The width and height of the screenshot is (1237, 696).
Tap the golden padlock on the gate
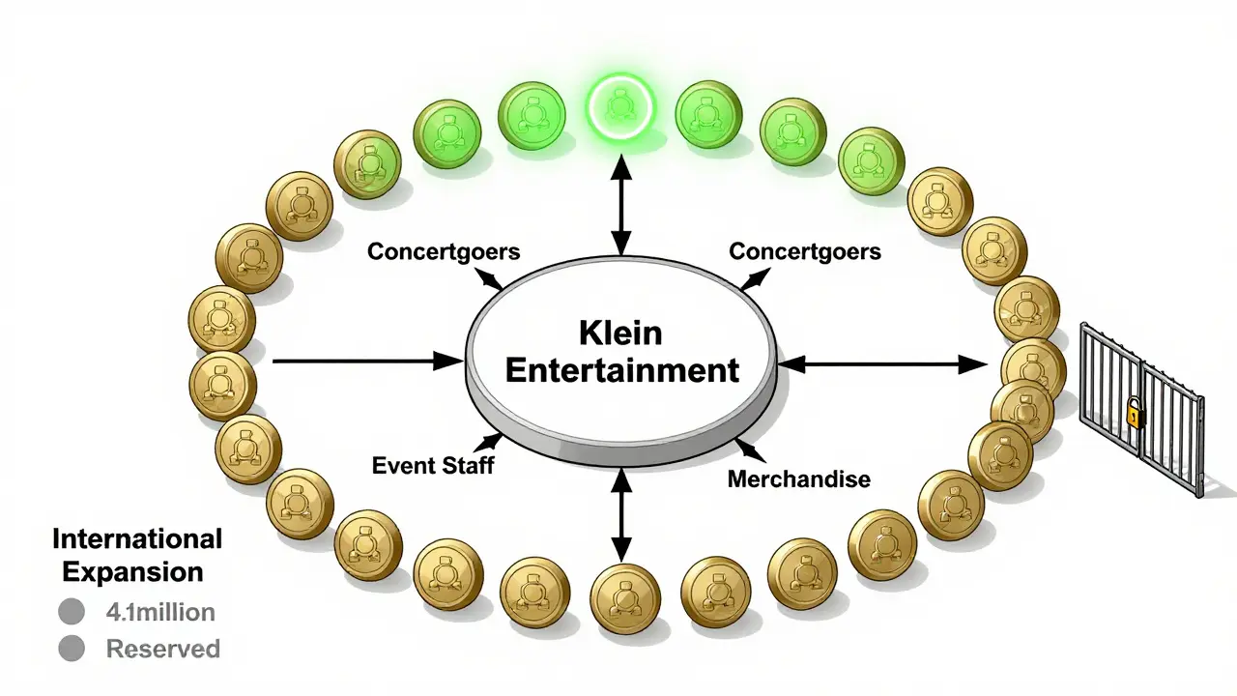tap(1133, 416)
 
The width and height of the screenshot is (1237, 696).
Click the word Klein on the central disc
tap(620, 333)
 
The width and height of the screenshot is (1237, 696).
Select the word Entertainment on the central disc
tap(621, 370)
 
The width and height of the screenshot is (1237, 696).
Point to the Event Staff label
tap(433, 465)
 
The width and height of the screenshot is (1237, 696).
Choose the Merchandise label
tap(798, 478)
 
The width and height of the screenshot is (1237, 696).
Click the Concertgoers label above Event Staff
tap(444, 251)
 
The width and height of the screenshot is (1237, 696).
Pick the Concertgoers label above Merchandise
tap(804, 251)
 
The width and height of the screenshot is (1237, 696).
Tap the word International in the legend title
tap(137, 538)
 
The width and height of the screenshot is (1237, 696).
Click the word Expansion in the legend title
tap(133, 570)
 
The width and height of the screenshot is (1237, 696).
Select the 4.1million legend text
tap(160, 612)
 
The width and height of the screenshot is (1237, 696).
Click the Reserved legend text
tap(162, 649)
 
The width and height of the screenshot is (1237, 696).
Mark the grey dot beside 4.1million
tap(72, 612)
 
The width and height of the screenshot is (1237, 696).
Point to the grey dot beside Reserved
tap(72, 649)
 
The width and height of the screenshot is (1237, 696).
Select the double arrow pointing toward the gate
tap(883, 363)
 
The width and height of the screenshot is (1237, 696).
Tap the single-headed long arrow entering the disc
tap(367, 362)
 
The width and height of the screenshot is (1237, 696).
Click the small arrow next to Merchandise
tap(749, 449)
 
